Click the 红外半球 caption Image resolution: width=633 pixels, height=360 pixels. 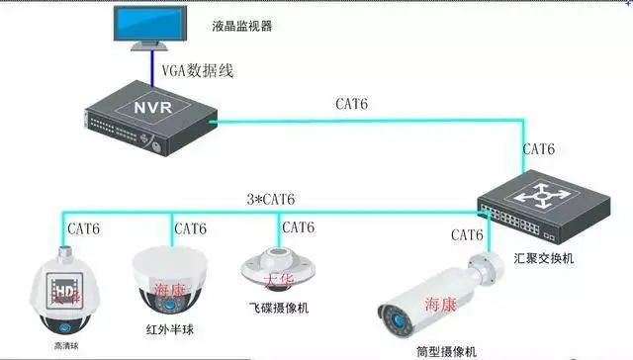pos(166,326)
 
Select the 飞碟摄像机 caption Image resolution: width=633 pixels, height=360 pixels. pos(278,308)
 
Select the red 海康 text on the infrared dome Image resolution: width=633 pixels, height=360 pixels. pos(171,289)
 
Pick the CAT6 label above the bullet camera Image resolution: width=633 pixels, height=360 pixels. pos(467,235)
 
